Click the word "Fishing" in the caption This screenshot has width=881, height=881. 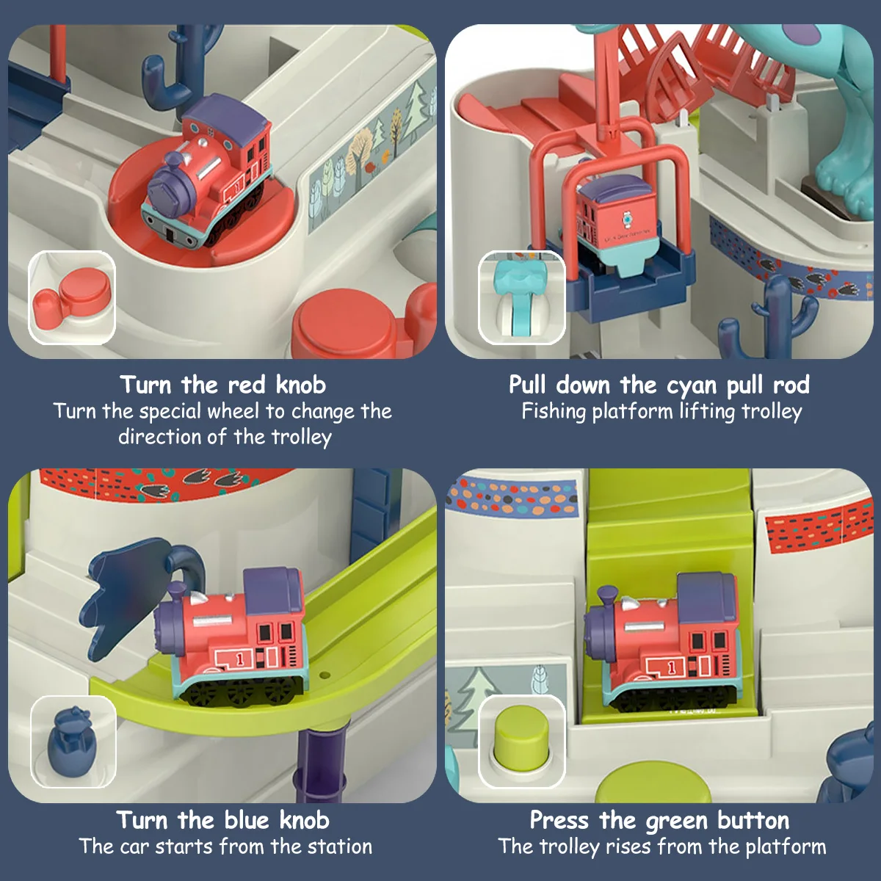[x=554, y=412]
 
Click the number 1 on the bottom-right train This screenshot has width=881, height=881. [x=671, y=668]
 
